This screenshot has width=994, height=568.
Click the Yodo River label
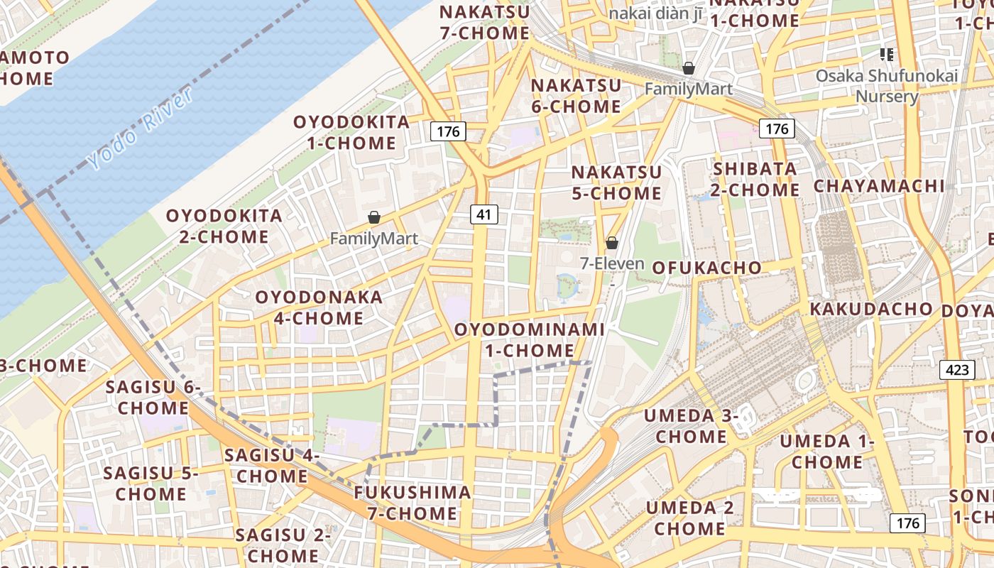(141, 129)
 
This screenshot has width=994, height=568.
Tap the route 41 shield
(484, 214)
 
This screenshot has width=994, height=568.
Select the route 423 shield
(956, 369)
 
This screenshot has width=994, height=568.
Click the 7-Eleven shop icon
(612, 244)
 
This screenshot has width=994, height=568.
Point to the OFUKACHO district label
(706, 268)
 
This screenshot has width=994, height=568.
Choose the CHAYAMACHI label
(879, 186)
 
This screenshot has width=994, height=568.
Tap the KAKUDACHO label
(870, 309)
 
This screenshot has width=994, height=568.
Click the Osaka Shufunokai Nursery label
(887, 86)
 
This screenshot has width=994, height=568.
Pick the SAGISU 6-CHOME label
(153, 398)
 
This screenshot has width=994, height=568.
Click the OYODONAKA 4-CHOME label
(319, 307)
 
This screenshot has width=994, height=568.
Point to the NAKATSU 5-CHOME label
(616, 182)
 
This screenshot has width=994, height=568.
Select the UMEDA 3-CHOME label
(691, 426)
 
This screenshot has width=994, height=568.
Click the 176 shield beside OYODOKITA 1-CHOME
(448, 131)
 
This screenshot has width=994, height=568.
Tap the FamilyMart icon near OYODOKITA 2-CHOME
(373, 217)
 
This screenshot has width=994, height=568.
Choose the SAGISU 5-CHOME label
(151, 484)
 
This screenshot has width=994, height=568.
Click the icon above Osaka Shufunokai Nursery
(886, 54)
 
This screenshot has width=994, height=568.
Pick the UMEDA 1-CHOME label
(827, 452)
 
